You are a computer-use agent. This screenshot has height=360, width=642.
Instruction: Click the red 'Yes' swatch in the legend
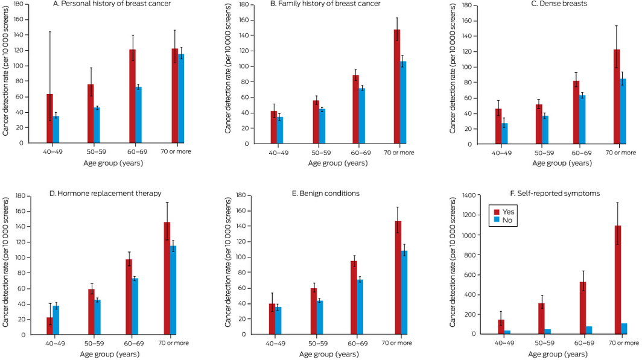[x=497, y=212]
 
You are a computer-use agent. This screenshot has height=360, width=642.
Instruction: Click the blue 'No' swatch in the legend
[x=497, y=221]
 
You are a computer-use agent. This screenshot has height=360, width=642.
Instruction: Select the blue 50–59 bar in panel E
[x=320, y=317]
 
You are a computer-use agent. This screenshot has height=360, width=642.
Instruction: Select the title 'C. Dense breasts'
[x=545, y=4]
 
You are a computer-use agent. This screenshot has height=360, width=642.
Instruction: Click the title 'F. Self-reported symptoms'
[x=546, y=194]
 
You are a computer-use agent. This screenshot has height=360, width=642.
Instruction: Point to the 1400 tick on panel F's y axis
[x=469, y=195]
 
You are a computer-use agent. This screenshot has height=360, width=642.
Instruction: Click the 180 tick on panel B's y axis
[x=245, y=5]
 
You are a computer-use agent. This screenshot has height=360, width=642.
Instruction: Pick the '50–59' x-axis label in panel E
[x=316, y=343]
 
